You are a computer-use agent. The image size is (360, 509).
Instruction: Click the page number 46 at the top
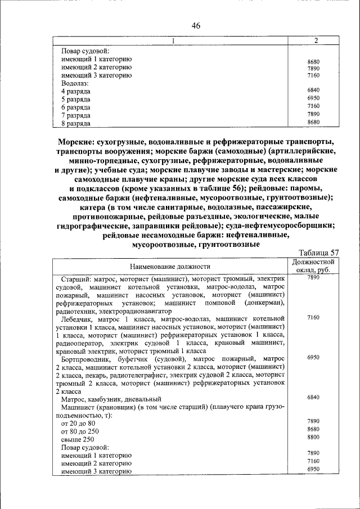196,25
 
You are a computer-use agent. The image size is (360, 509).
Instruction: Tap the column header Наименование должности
169,266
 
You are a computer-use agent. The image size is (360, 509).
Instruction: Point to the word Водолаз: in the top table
75,83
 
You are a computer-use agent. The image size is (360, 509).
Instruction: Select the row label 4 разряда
76,91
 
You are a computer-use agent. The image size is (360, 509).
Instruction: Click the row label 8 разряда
76,122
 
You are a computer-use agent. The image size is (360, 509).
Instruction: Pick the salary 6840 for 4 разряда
313,91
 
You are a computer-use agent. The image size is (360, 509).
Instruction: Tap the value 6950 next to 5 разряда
313,98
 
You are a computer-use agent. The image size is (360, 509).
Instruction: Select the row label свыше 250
78,439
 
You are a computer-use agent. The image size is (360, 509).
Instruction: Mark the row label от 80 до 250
80,431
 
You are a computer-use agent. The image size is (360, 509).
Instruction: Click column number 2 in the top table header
316,40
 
